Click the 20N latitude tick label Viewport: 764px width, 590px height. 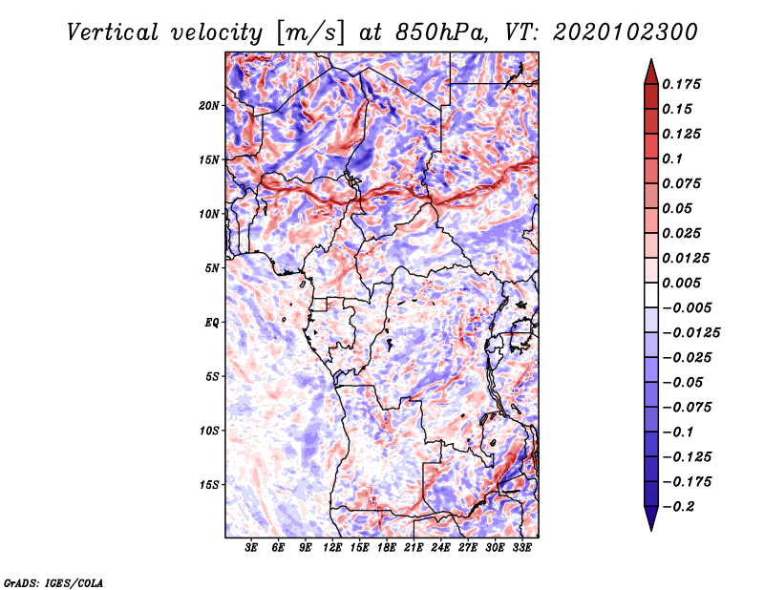pos(208,106)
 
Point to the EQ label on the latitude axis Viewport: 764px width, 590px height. pos(212,323)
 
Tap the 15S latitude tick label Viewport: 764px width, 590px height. pos(208,485)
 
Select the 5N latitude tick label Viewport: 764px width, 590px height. pos(212,268)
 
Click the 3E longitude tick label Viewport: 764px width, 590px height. pos(251,548)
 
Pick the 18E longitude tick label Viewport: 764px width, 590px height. pos(387,548)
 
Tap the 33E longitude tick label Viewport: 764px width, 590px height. pos(521,548)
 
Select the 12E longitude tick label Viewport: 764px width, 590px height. pos(332,548)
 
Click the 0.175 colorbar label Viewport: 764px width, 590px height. pos(681,84)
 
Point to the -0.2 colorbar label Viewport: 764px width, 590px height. pos(679,507)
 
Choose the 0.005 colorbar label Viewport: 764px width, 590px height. pos(681,283)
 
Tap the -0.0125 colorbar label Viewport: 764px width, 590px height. pos(690,333)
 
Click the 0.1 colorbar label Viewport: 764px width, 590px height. pos(672,158)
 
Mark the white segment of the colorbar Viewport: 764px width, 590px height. pos(651,295)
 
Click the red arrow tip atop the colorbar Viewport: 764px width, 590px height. pos(651,60)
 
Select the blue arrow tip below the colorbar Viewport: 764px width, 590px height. pos(651,530)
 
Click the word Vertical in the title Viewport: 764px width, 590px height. pos(113,32)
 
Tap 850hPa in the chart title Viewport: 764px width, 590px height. pos(441,32)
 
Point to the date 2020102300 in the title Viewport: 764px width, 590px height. pos(626,32)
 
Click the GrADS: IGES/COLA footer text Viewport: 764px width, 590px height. pos(53,582)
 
